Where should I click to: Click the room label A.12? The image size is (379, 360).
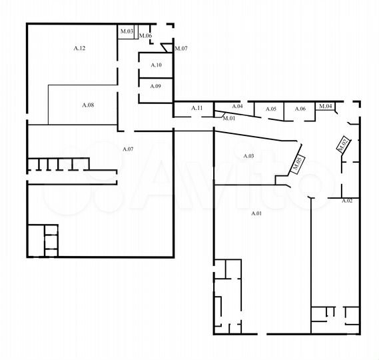tap(79, 48)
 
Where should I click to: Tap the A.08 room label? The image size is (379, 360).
tap(88, 105)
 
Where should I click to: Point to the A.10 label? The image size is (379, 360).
tap(156, 65)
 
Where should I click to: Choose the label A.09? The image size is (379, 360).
tap(155, 87)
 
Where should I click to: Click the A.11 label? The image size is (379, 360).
tap(197, 107)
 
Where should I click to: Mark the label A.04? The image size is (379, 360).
tap(237, 107)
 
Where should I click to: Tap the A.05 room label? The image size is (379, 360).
tap(271, 109)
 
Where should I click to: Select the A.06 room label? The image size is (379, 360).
tap(300, 109)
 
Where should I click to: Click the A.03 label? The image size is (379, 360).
tap(248, 156)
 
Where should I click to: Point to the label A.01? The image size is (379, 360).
tap(256, 213)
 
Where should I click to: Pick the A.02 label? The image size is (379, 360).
tap(346, 200)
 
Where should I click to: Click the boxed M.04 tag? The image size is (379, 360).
tap(325, 106)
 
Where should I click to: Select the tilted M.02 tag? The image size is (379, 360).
tap(344, 144)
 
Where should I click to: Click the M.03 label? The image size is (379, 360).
tap(127, 31)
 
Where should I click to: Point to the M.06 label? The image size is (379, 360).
tap(145, 35)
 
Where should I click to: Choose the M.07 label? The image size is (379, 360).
tap(181, 48)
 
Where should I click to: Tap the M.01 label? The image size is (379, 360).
tap(228, 118)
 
